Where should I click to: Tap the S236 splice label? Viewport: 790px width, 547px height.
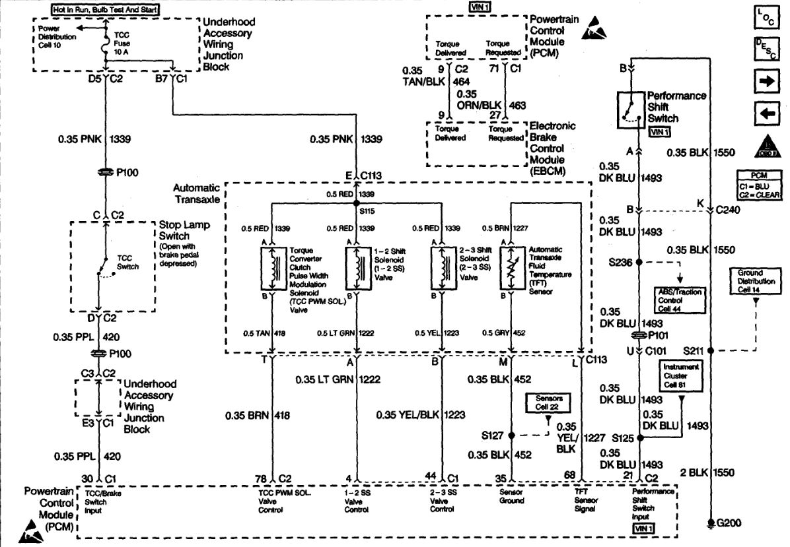pyautogui.click(x=623, y=262)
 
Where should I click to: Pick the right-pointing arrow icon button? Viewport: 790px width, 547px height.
pyautogui.click(x=764, y=82)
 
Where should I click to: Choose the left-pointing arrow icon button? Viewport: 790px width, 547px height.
pyautogui.click(x=764, y=113)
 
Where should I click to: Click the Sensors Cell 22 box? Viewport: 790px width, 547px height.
pyautogui.click(x=548, y=404)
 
